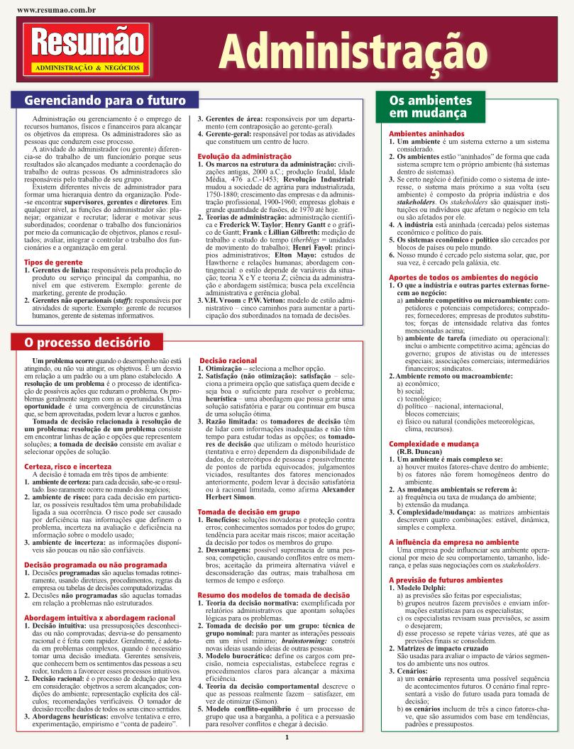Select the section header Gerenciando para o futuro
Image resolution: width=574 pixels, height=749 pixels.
(x=105, y=100)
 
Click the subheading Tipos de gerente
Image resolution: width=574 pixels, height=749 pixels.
(x=53, y=262)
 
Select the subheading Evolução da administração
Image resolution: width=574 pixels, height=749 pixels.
(x=243, y=155)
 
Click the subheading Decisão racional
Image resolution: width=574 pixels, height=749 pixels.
(x=228, y=361)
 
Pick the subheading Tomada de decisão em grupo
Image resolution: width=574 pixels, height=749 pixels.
(x=248, y=512)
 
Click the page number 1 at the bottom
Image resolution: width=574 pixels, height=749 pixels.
(x=286, y=738)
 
